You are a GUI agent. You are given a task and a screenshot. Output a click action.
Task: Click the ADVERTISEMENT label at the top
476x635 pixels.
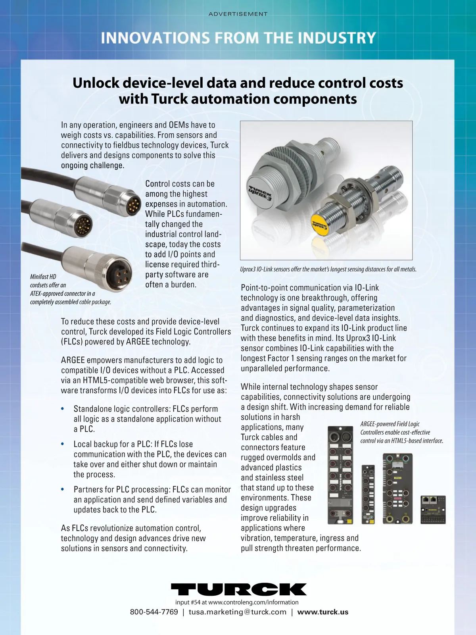coord(238,14)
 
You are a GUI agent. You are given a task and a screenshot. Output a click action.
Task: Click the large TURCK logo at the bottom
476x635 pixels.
coord(238,589)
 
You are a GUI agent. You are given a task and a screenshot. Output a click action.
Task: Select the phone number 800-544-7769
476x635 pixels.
coord(154,612)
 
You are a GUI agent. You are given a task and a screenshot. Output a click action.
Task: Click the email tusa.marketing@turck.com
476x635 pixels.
coord(237,612)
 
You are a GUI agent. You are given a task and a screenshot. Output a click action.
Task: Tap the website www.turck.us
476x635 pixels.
coord(323,612)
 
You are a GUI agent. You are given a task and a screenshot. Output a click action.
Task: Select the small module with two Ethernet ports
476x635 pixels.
coord(433,510)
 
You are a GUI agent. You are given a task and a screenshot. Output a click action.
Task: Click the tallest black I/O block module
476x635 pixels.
coord(340,475)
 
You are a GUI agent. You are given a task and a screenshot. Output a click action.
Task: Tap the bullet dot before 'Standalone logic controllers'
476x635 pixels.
coord(62,409)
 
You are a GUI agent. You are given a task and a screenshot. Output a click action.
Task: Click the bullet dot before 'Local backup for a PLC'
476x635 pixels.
coord(62,444)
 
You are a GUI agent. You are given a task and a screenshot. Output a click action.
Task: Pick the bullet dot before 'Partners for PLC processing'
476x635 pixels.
coord(62,489)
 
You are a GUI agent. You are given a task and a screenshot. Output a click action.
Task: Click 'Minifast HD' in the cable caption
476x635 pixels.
coord(43,277)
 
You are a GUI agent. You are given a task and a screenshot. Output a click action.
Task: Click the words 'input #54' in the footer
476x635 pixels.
coord(188,602)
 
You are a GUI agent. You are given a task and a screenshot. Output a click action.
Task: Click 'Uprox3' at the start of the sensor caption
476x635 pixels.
coord(248,269)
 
